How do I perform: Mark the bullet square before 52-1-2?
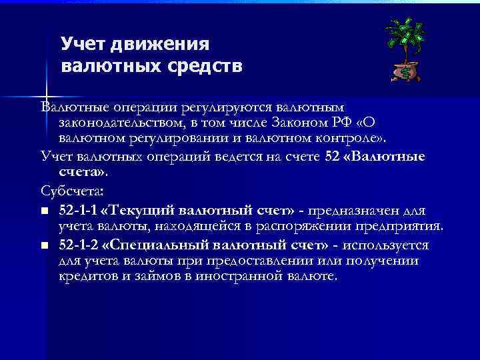pyautogui.click(x=44, y=245)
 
